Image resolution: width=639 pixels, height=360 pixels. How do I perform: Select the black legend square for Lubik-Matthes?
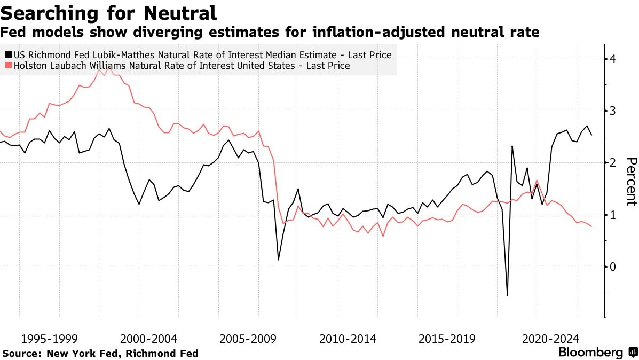point(7,55)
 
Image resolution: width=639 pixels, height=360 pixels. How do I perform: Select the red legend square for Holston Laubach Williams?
point(7,66)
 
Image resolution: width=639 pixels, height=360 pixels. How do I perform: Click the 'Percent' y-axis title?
point(631,182)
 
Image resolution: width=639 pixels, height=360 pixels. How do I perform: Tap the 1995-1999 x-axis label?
point(50,339)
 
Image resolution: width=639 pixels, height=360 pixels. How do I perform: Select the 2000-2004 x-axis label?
point(149,339)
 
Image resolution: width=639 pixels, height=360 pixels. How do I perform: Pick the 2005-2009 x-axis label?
point(248,339)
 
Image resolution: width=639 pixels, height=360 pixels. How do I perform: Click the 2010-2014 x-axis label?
point(348,339)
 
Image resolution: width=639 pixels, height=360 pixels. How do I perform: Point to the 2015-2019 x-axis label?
point(447,339)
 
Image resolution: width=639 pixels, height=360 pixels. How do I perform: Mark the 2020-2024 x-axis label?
point(547,339)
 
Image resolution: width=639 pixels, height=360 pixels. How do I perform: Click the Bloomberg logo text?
point(590,353)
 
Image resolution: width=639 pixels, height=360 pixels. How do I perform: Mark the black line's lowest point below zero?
point(507,295)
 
